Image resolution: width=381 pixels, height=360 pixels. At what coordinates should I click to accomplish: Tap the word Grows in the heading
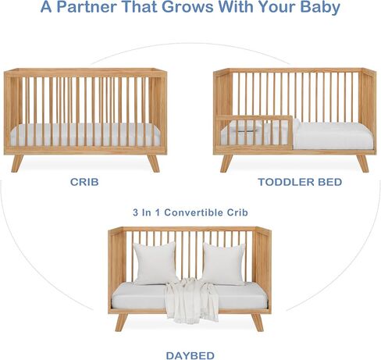(x=187, y=7)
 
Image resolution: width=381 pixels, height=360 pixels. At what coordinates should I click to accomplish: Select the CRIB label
(x=84, y=182)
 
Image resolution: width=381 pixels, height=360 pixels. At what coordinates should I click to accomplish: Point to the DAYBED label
(x=190, y=355)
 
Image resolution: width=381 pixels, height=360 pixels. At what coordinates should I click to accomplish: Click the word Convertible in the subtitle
(x=194, y=212)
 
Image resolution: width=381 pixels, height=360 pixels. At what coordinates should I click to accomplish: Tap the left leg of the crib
(x=17, y=163)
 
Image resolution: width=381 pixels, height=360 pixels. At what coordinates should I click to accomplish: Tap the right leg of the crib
(x=154, y=163)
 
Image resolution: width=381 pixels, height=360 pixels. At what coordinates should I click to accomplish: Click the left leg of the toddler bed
(x=226, y=163)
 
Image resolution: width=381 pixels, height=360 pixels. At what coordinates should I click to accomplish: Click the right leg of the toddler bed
(x=362, y=163)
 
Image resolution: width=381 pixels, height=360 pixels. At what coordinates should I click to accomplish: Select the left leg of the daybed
(x=121, y=323)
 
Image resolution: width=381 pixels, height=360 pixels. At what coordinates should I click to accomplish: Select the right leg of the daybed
(x=258, y=323)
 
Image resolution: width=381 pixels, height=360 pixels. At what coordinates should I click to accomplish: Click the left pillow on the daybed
(x=155, y=263)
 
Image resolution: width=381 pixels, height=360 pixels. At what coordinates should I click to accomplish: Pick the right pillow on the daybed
(x=223, y=264)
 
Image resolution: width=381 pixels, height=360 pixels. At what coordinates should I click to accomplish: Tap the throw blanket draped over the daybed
(x=191, y=299)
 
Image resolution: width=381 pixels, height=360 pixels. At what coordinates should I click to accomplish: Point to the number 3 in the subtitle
(x=136, y=212)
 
